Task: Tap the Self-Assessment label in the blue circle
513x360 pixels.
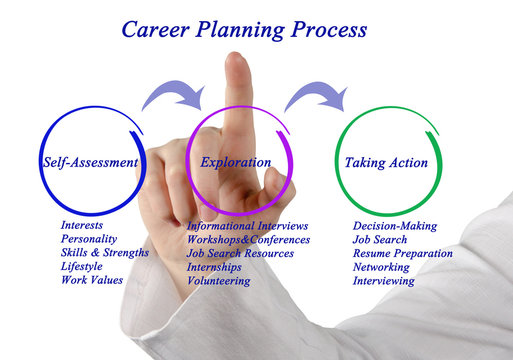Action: tap(90, 162)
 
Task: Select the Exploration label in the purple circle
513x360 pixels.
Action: tap(235, 162)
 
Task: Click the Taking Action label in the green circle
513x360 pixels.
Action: tap(386, 162)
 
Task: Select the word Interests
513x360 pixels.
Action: tap(82, 226)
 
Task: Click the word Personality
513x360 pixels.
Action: tap(89, 239)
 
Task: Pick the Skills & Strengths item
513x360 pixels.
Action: tap(104, 253)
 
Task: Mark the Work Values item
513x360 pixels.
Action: tap(91, 280)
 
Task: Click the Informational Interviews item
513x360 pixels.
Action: tap(247, 226)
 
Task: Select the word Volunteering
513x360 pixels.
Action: tap(219, 281)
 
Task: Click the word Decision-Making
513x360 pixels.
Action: tap(395, 226)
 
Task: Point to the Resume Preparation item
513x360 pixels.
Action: tap(402, 253)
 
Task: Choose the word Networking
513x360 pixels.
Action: tap(381, 267)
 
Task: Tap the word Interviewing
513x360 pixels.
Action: tap(383, 281)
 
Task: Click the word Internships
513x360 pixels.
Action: tap(216, 267)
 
